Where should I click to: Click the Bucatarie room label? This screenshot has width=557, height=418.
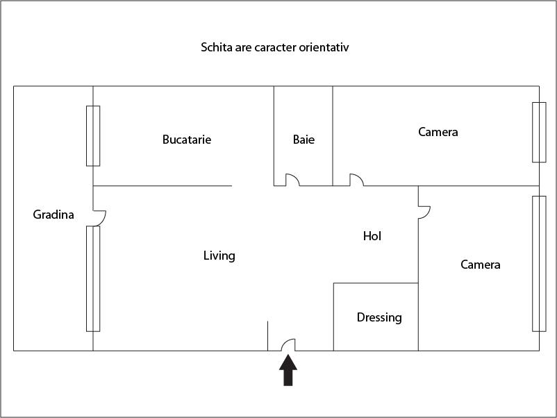pyautogui.click(x=186, y=140)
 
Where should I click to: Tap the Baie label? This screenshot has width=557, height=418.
pyautogui.click(x=304, y=140)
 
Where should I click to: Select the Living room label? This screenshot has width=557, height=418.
pyautogui.click(x=219, y=256)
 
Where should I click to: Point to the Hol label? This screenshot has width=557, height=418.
pyautogui.click(x=372, y=236)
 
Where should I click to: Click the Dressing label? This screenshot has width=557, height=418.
pyautogui.click(x=379, y=317)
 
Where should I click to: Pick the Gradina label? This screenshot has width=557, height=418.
pyautogui.click(x=53, y=215)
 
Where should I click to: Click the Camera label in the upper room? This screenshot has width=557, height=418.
pyautogui.click(x=438, y=132)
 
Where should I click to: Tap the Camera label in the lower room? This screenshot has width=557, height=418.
pyautogui.click(x=480, y=265)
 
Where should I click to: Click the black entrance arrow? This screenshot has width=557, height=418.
pyautogui.click(x=288, y=370)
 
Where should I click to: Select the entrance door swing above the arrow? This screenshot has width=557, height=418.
pyautogui.click(x=288, y=344)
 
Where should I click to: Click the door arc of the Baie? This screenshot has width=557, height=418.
pyautogui.click(x=292, y=180)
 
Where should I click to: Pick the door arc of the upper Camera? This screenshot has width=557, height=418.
pyautogui.click(x=356, y=180)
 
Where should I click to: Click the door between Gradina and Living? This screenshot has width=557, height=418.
pyautogui.click(x=99, y=217)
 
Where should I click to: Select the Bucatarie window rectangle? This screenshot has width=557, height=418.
pyautogui.click(x=93, y=135)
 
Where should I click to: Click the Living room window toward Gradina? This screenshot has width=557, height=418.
pyautogui.click(x=93, y=278)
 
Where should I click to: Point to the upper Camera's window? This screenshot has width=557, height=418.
pyautogui.click(x=539, y=132)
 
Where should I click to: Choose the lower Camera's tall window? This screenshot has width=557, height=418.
pyautogui.click(x=539, y=263)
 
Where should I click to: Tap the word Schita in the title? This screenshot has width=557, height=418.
pyautogui.click(x=215, y=48)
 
